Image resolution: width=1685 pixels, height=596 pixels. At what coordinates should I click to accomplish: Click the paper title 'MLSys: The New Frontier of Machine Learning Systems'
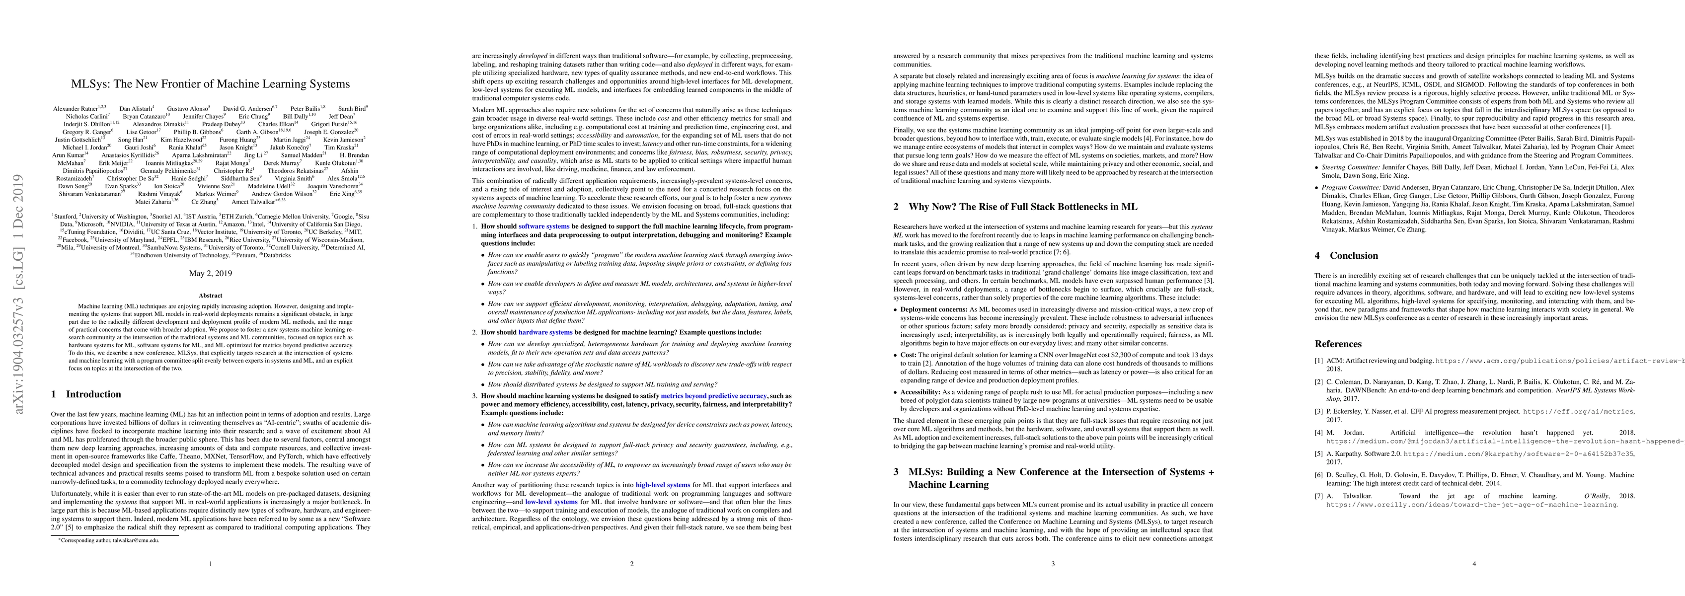(x=210, y=84)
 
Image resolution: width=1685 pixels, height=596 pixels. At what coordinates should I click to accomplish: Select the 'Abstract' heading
(x=210, y=295)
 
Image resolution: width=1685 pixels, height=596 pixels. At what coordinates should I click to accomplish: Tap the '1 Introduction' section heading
(x=85, y=394)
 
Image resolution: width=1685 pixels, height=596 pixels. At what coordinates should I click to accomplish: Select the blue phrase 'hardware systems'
(x=545, y=332)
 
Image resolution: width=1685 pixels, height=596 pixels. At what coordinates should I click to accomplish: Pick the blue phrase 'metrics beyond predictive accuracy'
(x=714, y=396)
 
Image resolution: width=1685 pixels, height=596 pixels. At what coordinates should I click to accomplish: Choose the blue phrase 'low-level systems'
(x=551, y=502)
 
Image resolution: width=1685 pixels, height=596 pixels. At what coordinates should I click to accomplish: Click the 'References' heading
(x=1338, y=344)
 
